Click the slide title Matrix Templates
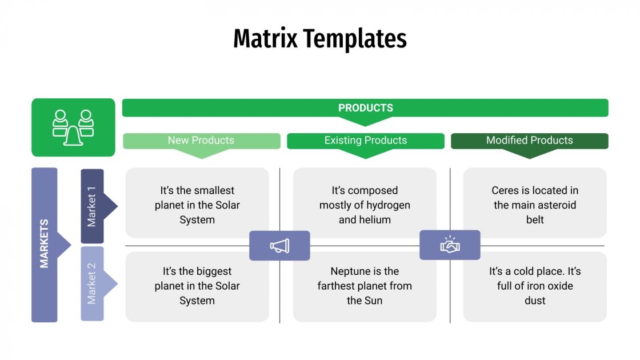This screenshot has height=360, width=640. point(319,39)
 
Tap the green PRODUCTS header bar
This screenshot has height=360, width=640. point(365,108)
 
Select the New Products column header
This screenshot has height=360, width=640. point(201,141)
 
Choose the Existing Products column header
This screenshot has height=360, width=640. point(365,141)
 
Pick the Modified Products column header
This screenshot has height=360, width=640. point(529,141)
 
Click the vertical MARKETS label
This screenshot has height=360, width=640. point(45,244)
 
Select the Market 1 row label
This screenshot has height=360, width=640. point(92,206)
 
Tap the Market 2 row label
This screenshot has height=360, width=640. point(92,283)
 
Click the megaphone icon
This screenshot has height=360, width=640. point(279,246)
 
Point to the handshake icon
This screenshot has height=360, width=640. point(450,245)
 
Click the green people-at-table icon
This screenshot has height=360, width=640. point(73,127)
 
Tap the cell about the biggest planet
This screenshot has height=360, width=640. point(197,286)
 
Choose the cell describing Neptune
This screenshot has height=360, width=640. point(365,286)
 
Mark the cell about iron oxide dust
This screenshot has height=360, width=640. point(535,286)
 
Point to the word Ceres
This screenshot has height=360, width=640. point(505,191)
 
